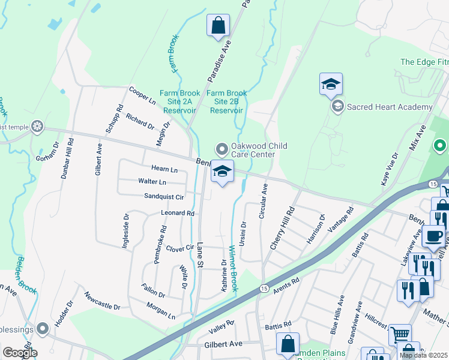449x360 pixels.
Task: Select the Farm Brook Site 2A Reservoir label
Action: click(x=175, y=101)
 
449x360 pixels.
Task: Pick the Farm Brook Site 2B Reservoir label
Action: click(x=226, y=101)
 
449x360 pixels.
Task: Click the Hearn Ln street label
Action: click(x=166, y=170)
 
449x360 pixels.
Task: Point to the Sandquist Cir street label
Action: click(x=163, y=196)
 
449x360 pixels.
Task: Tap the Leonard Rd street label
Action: click(x=178, y=213)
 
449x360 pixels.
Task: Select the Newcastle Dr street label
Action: click(x=102, y=301)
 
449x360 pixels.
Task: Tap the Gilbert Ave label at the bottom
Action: click(x=223, y=344)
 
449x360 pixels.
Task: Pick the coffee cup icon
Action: click(x=433, y=236)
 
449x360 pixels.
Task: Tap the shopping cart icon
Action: click(x=400, y=334)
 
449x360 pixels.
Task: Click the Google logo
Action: click(x=20, y=353)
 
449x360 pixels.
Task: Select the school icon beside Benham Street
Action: click(x=222, y=173)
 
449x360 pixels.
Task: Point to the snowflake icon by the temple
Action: click(x=37, y=127)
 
